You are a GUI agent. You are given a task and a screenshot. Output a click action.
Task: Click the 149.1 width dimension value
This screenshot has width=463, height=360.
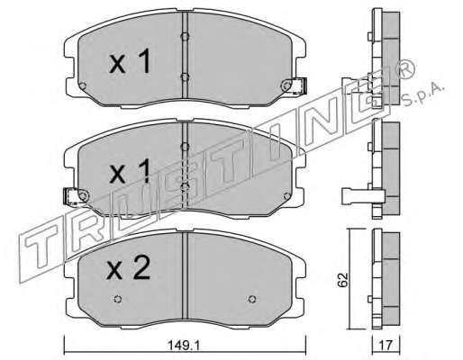(184, 346)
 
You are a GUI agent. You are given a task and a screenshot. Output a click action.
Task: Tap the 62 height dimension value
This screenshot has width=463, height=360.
(342, 280)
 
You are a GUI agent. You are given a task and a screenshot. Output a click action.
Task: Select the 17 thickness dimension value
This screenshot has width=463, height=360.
(386, 346)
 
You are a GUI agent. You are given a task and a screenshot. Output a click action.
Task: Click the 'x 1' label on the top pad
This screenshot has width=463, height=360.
(130, 61)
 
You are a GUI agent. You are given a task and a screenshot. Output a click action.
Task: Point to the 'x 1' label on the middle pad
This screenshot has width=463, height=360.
(130, 171)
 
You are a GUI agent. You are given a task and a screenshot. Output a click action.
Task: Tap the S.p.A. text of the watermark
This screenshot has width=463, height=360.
(422, 94)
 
